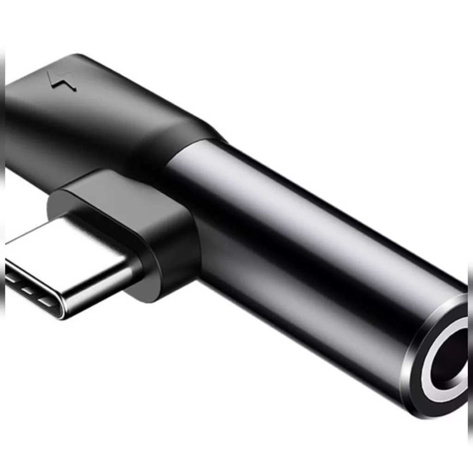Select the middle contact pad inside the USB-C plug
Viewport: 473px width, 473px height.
[x=27, y=291]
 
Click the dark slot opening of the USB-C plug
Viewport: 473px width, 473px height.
[x=32, y=289]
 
